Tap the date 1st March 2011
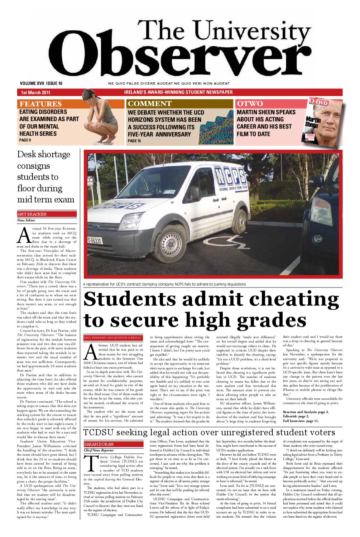coord(35,92)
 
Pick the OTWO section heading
coord(250,104)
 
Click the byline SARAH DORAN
coord(94,444)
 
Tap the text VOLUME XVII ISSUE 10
coord(41,83)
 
